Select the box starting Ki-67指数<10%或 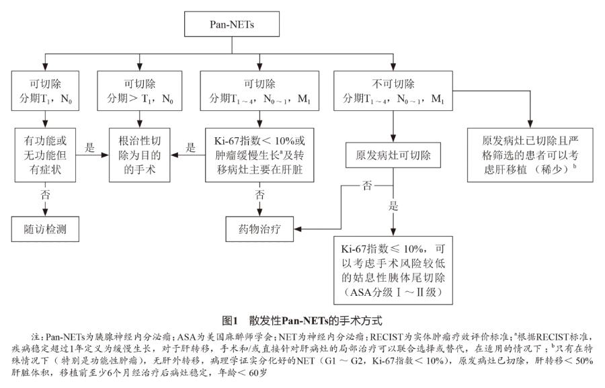tap(259, 155)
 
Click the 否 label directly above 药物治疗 tap(259, 196)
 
